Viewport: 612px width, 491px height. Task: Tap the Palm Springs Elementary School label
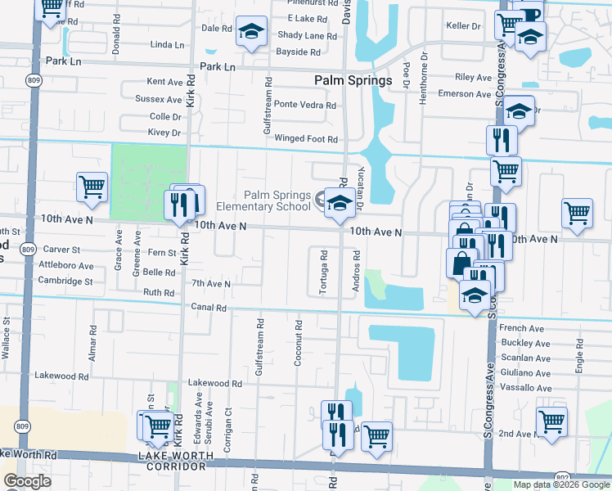(x=277, y=200)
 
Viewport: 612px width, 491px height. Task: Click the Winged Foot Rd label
(x=305, y=139)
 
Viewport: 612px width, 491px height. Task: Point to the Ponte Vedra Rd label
(x=304, y=105)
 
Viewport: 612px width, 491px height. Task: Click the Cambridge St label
(x=65, y=281)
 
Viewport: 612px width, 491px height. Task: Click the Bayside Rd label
(x=298, y=52)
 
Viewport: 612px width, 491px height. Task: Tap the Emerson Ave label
(x=464, y=94)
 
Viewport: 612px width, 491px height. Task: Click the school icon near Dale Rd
(x=251, y=32)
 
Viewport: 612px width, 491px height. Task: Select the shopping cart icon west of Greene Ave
(x=92, y=187)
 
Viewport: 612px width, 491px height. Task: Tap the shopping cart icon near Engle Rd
(x=577, y=213)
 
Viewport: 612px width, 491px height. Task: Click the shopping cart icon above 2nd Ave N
(x=551, y=422)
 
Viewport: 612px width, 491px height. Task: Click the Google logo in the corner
(x=27, y=481)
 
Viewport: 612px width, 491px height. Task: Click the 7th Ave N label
(x=210, y=284)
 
